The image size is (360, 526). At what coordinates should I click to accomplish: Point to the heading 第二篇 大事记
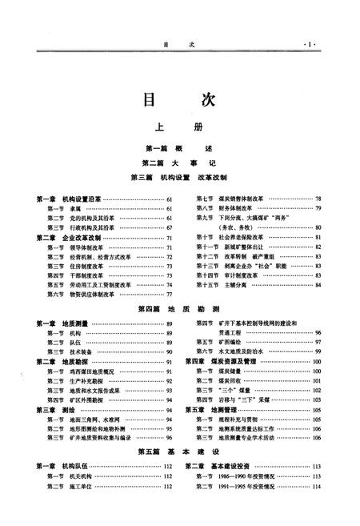point(179,163)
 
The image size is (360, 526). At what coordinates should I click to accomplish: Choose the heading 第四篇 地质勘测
point(179,308)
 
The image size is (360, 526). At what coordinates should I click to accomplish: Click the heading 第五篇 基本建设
point(179,451)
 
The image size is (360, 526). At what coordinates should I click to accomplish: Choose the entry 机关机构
point(81,476)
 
